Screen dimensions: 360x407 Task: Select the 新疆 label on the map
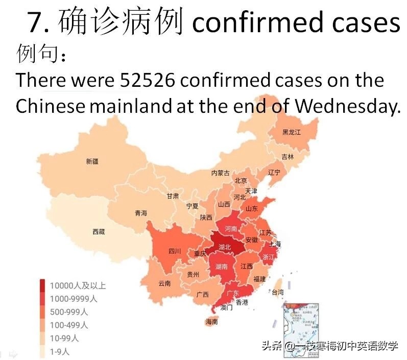coord(92,161)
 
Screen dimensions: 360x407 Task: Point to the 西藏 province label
coord(99,232)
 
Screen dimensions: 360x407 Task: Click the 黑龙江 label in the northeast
coord(292,132)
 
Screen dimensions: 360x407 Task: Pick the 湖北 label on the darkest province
coord(225,247)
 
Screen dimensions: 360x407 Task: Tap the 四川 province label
coord(175,251)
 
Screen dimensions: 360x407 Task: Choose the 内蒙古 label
coord(221,173)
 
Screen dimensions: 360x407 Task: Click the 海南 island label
coord(211,322)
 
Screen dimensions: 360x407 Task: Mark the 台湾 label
coord(277,293)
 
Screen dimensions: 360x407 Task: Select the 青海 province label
coord(140,213)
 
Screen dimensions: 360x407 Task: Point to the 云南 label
coord(164,283)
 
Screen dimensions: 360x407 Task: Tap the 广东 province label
coord(232,293)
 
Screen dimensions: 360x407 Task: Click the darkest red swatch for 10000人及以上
coord(43,285)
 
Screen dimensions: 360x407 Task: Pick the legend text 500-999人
coord(68,311)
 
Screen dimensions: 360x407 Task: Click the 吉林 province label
coord(288,157)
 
